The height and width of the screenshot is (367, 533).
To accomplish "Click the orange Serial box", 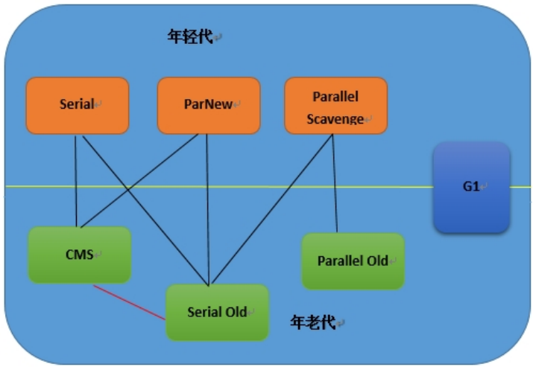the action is (x=78, y=106).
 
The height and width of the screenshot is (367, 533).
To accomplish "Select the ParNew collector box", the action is (x=209, y=106).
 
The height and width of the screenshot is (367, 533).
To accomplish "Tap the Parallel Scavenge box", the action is (x=336, y=106).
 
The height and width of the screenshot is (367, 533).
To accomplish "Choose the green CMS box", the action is (x=80, y=255).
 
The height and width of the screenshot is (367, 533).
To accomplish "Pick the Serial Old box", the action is (x=217, y=313).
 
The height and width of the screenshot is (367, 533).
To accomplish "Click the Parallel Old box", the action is (x=353, y=261).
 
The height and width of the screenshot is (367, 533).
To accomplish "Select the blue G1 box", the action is (x=471, y=188).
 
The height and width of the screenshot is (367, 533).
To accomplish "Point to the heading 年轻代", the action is (x=190, y=36).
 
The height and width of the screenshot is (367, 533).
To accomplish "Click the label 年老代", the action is (x=313, y=322).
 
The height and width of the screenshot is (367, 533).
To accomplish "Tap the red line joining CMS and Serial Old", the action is (x=130, y=302).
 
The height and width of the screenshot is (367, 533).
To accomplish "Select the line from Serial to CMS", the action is (x=76, y=182).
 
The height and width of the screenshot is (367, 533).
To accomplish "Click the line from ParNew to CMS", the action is (x=139, y=181).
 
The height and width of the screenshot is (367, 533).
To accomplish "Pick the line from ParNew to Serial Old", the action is (x=208, y=209).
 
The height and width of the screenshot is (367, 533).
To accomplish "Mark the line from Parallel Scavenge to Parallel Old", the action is (x=335, y=183).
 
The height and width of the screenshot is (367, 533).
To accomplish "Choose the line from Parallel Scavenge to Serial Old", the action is (x=272, y=208).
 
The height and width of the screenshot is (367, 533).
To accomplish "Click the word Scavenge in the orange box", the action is (x=335, y=119).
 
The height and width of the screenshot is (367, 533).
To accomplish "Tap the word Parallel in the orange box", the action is (x=335, y=97).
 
